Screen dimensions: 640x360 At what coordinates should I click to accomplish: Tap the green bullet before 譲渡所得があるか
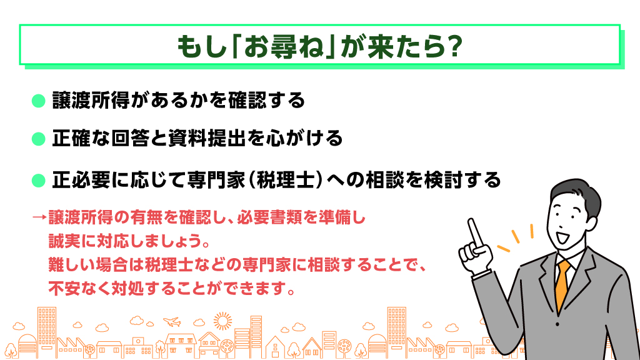click(x=38, y=101)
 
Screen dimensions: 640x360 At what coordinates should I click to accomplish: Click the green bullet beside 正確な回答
click(x=38, y=139)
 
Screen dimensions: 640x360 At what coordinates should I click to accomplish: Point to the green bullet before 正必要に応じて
click(x=38, y=180)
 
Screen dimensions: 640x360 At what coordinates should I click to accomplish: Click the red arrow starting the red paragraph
click(x=39, y=217)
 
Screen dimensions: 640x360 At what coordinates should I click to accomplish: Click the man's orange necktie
click(x=563, y=286)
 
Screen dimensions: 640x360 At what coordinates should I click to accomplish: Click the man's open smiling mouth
click(x=563, y=237)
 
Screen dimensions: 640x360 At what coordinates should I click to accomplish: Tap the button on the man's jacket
click(x=558, y=324)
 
